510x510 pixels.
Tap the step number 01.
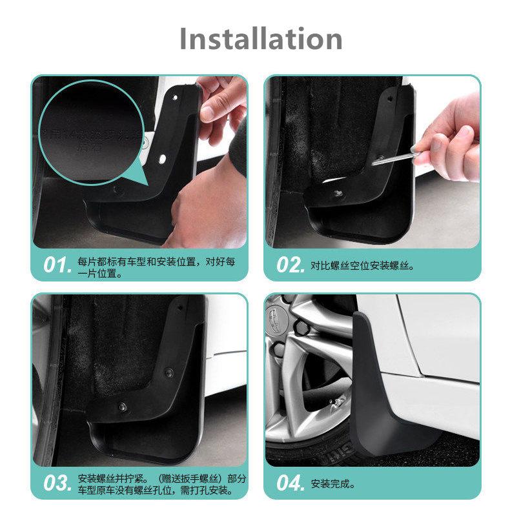click(x=57, y=265)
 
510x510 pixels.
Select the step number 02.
click(x=290, y=265)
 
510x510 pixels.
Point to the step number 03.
click(x=57, y=483)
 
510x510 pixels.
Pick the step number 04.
click(x=290, y=483)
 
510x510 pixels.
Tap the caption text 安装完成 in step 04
click(x=332, y=484)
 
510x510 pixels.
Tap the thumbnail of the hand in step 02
click(x=465, y=132)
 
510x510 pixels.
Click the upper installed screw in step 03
click(x=168, y=372)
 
